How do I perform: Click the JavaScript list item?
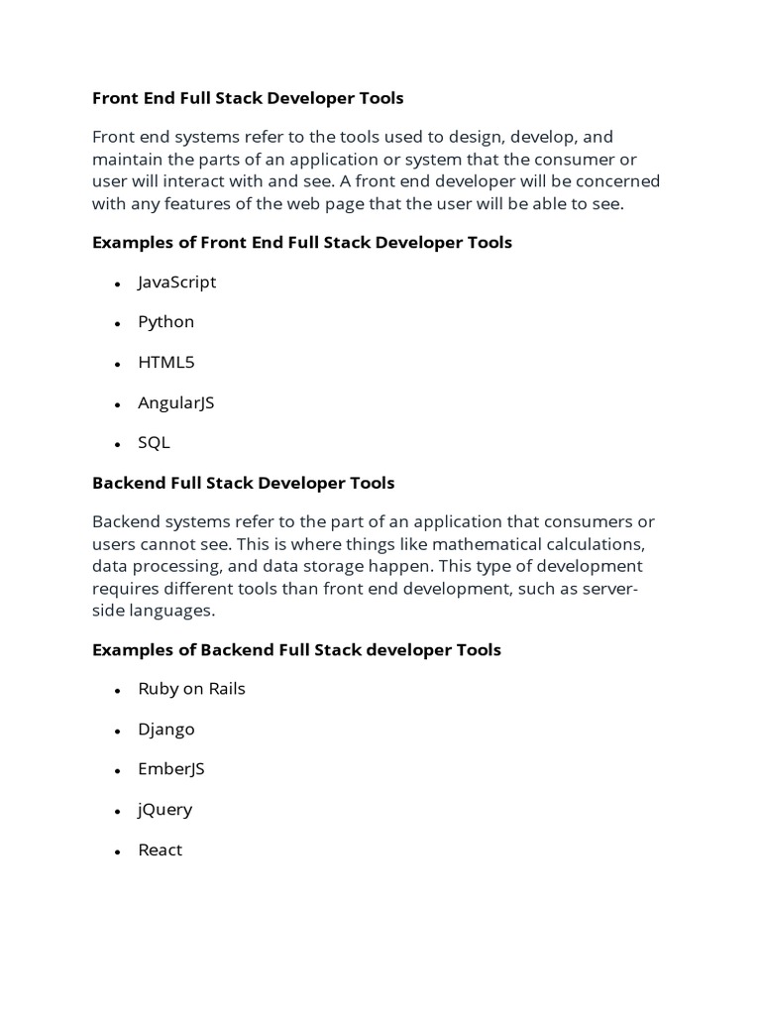click(176, 282)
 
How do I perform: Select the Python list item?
click(165, 322)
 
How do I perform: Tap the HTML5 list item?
click(166, 362)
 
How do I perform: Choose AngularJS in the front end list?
click(175, 402)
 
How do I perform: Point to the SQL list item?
click(154, 443)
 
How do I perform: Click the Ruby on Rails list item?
click(191, 689)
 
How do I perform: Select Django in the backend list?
click(166, 730)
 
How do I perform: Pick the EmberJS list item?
click(171, 769)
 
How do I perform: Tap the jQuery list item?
click(164, 810)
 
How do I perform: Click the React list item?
click(160, 849)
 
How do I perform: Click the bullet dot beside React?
click(117, 852)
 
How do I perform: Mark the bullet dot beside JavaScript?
click(117, 284)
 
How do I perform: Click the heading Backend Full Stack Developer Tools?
click(243, 483)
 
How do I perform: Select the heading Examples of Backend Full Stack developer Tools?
click(296, 650)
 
